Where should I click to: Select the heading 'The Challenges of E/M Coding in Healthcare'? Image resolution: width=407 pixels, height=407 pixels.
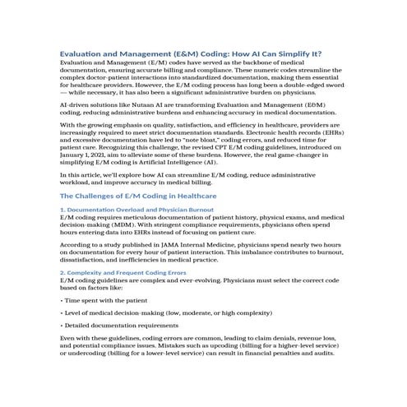click(139, 220)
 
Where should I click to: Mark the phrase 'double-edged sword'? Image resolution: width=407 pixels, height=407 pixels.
click(314, 85)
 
